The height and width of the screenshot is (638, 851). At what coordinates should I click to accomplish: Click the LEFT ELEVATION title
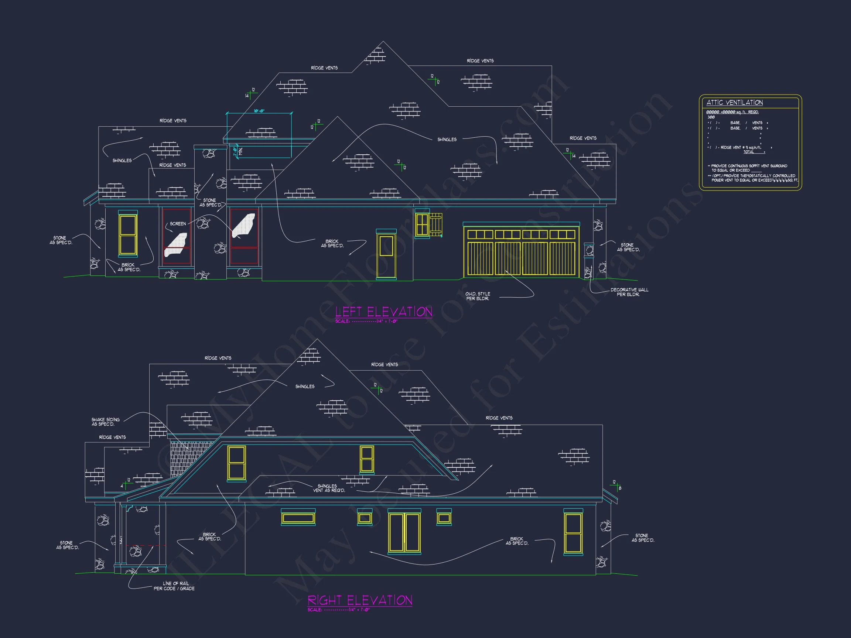tap(383, 312)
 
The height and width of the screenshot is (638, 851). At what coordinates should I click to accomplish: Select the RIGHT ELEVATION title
tap(360, 600)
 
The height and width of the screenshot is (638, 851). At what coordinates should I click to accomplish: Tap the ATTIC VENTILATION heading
tap(734, 103)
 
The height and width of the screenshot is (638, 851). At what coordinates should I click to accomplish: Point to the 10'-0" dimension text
tap(259, 111)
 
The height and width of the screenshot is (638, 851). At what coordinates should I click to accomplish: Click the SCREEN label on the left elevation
tap(178, 224)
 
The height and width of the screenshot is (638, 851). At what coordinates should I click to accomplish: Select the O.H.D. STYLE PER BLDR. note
tap(478, 296)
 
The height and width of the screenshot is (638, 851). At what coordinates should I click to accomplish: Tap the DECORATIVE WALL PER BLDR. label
tap(629, 292)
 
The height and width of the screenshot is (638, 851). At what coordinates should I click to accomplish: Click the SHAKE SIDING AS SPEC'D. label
tap(105, 422)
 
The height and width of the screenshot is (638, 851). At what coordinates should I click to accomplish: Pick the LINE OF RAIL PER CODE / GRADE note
tap(174, 586)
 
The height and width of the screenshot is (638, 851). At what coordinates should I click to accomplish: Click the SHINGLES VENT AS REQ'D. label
tap(328, 488)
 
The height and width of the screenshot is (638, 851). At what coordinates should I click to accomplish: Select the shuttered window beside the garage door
tap(428, 224)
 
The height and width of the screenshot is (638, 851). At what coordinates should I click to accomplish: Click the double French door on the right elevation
tap(404, 532)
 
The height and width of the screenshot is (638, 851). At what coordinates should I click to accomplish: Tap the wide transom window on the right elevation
tap(298, 518)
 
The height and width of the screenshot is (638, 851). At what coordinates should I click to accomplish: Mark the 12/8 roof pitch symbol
tap(616, 485)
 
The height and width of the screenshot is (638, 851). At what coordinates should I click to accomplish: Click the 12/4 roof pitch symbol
tap(126, 483)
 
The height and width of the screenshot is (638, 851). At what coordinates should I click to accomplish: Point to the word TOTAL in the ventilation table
tap(748, 152)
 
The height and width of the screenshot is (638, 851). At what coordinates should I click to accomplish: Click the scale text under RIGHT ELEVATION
tap(338, 610)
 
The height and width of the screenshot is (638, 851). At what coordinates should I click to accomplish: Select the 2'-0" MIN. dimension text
tap(237, 151)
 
